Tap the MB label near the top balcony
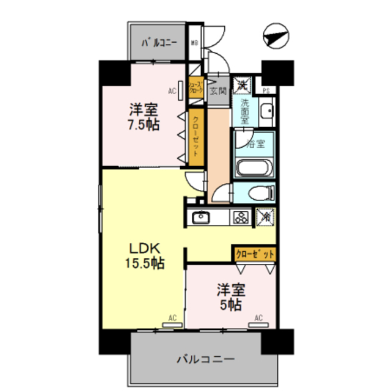pos(194,43)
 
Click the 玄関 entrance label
pos(218,92)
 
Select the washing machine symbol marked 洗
pos(243,84)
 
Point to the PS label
pos(266,92)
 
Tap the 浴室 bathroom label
pos(255,144)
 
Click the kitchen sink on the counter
pos(200,217)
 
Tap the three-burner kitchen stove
pos(239,217)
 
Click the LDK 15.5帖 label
pos(144,256)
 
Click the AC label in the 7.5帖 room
pos(172,92)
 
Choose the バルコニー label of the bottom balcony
pos(205,359)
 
